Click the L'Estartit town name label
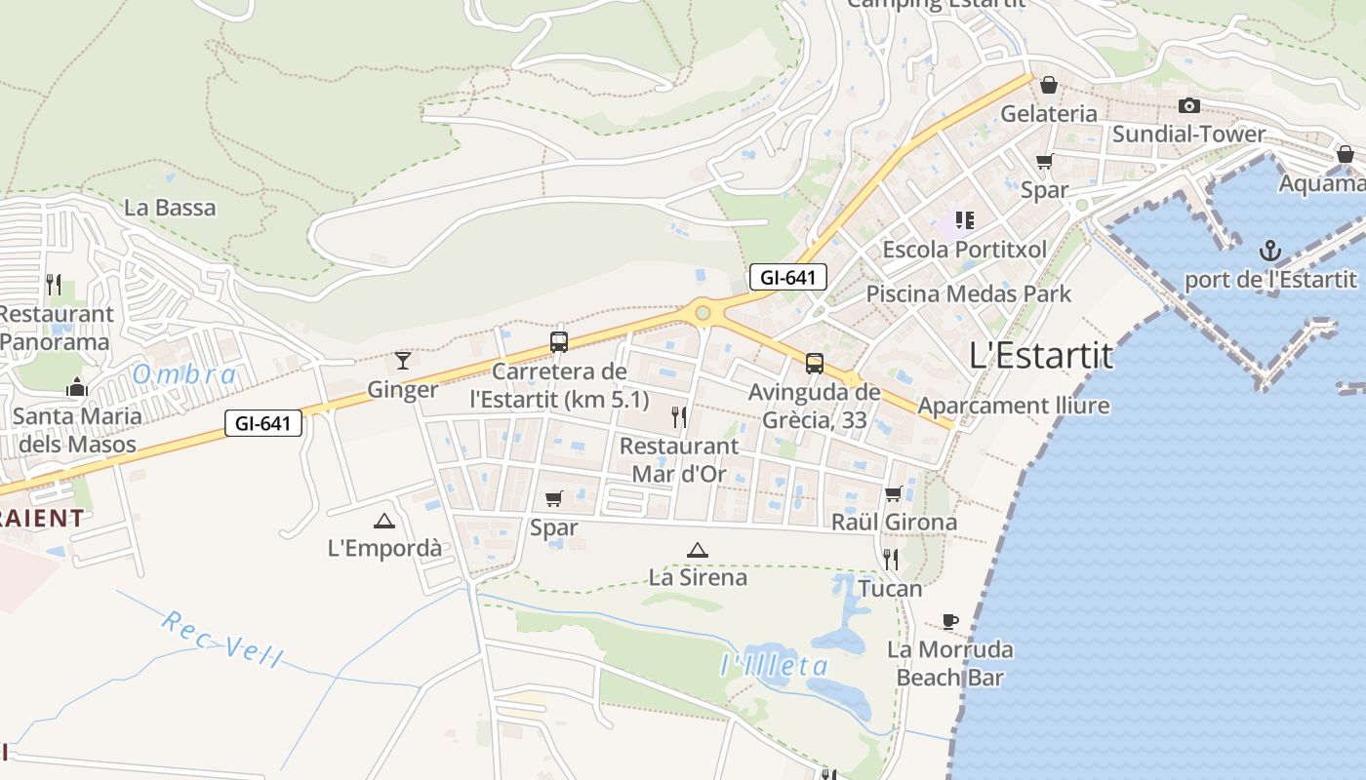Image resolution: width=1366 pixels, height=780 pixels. point(1041,356)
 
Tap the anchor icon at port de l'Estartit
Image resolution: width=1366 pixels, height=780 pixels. point(1269,252)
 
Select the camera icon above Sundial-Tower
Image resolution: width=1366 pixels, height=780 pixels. point(1188,105)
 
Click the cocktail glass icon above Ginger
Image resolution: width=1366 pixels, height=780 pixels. point(403,360)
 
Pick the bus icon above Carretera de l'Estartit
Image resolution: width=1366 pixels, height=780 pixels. point(559,341)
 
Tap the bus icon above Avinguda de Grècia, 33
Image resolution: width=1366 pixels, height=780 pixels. point(814,364)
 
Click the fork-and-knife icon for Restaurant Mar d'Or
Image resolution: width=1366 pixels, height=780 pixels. point(679,417)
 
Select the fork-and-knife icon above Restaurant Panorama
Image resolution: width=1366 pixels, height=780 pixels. point(54,285)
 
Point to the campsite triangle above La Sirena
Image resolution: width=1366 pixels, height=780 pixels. point(697,551)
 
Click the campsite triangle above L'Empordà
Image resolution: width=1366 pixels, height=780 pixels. point(384,521)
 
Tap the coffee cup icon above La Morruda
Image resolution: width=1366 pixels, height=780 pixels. point(949,621)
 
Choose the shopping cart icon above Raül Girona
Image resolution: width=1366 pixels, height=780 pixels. point(893,493)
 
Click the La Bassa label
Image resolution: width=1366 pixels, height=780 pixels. point(171,208)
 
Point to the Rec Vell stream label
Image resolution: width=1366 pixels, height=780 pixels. point(221,640)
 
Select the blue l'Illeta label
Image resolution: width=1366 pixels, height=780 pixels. point(774,667)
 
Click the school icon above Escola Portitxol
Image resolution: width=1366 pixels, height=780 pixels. point(965,220)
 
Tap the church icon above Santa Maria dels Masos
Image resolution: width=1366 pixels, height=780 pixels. point(77,388)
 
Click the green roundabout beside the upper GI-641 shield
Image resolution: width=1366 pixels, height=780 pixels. point(703,313)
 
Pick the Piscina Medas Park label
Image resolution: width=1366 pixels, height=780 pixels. point(968,293)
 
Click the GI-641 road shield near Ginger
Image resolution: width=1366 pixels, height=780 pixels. point(262,423)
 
